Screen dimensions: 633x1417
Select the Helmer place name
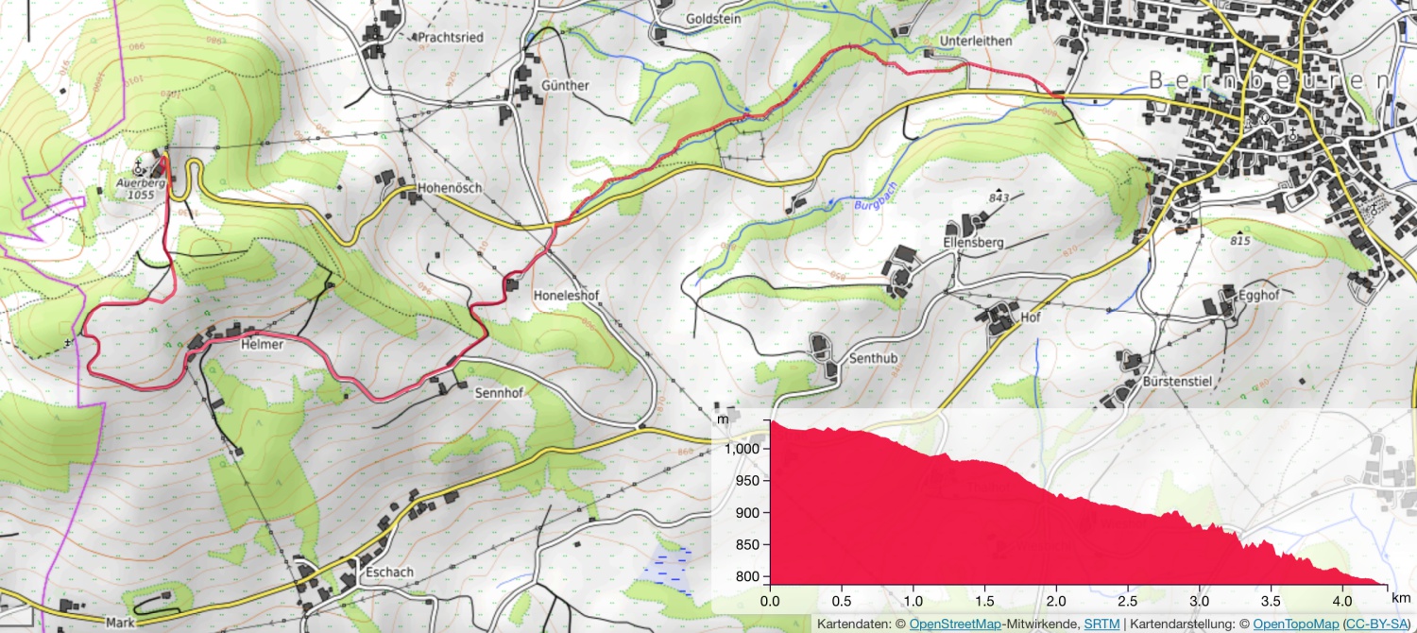(x=262, y=346)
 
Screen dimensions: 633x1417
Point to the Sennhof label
(x=499, y=391)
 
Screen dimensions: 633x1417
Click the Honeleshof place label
(x=567, y=296)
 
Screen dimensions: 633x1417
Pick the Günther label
(x=565, y=86)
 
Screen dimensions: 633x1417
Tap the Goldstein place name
(x=713, y=18)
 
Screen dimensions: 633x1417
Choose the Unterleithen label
(x=976, y=42)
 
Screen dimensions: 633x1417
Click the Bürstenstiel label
(x=1177, y=381)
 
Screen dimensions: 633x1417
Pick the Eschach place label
(x=387, y=573)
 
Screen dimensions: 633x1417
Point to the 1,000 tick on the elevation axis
(x=742, y=449)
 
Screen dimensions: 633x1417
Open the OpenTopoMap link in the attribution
(x=1295, y=624)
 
